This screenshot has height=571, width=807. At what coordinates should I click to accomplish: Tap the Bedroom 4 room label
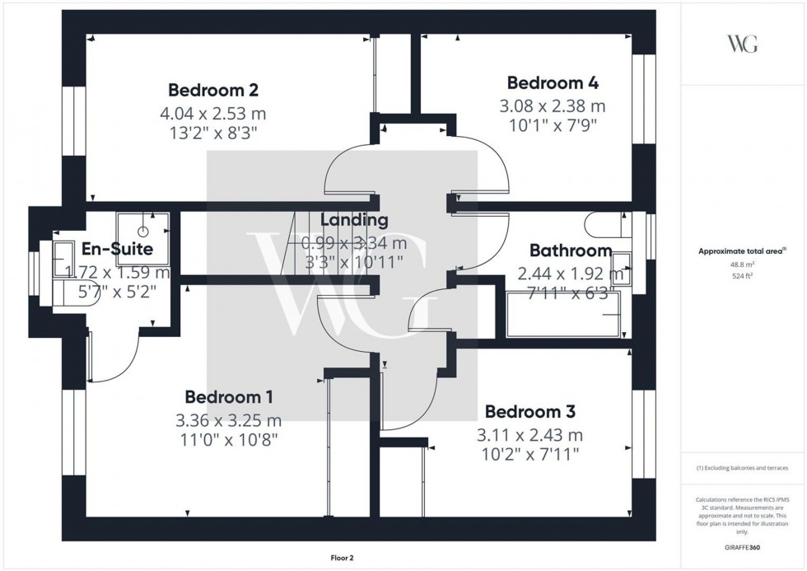tap(552, 82)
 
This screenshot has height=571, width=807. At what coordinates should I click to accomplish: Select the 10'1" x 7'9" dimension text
tap(552, 125)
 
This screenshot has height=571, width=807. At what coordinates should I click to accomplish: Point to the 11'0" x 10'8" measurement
tap(229, 440)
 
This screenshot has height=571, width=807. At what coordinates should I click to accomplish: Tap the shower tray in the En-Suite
tap(144, 232)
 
